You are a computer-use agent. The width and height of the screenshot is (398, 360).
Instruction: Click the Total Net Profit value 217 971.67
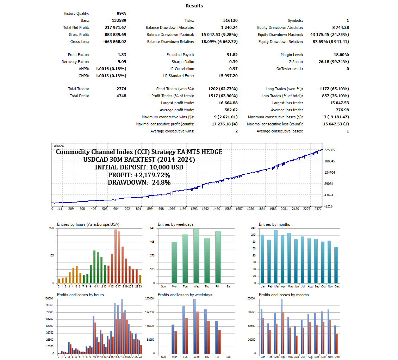(x=115, y=27)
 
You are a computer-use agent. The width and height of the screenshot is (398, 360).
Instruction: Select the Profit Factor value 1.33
(x=122, y=55)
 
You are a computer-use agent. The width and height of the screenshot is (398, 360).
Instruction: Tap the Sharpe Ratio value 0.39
(x=233, y=62)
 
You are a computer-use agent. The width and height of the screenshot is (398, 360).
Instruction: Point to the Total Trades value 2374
(x=121, y=89)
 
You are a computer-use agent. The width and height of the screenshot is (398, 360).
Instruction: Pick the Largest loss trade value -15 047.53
(x=338, y=103)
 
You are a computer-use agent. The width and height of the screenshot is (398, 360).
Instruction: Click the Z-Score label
(x=295, y=62)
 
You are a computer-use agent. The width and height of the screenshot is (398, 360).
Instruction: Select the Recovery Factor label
(x=75, y=62)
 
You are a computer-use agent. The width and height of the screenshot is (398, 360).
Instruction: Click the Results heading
(x=194, y=6)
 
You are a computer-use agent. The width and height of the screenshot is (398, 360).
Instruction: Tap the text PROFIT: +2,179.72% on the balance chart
(x=139, y=175)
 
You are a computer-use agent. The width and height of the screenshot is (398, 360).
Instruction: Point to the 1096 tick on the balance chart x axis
(x=172, y=209)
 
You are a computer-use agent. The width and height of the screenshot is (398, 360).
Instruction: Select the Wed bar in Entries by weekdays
(x=196, y=256)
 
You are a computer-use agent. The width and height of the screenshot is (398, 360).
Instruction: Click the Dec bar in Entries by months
(x=336, y=265)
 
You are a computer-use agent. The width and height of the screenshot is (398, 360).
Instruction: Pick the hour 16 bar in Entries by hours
(x=115, y=256)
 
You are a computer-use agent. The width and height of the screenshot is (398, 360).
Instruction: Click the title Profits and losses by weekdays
(x=185, y=295)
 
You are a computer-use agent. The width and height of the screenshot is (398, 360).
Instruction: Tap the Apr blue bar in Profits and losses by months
(x=281, y=326)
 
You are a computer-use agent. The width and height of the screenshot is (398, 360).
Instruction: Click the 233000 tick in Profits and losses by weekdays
(x=149, y=298)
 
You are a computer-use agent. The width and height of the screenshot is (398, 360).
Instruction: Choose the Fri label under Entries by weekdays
(x=218, y=286)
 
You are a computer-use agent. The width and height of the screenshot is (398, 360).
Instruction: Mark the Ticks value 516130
(x=230, y=20)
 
